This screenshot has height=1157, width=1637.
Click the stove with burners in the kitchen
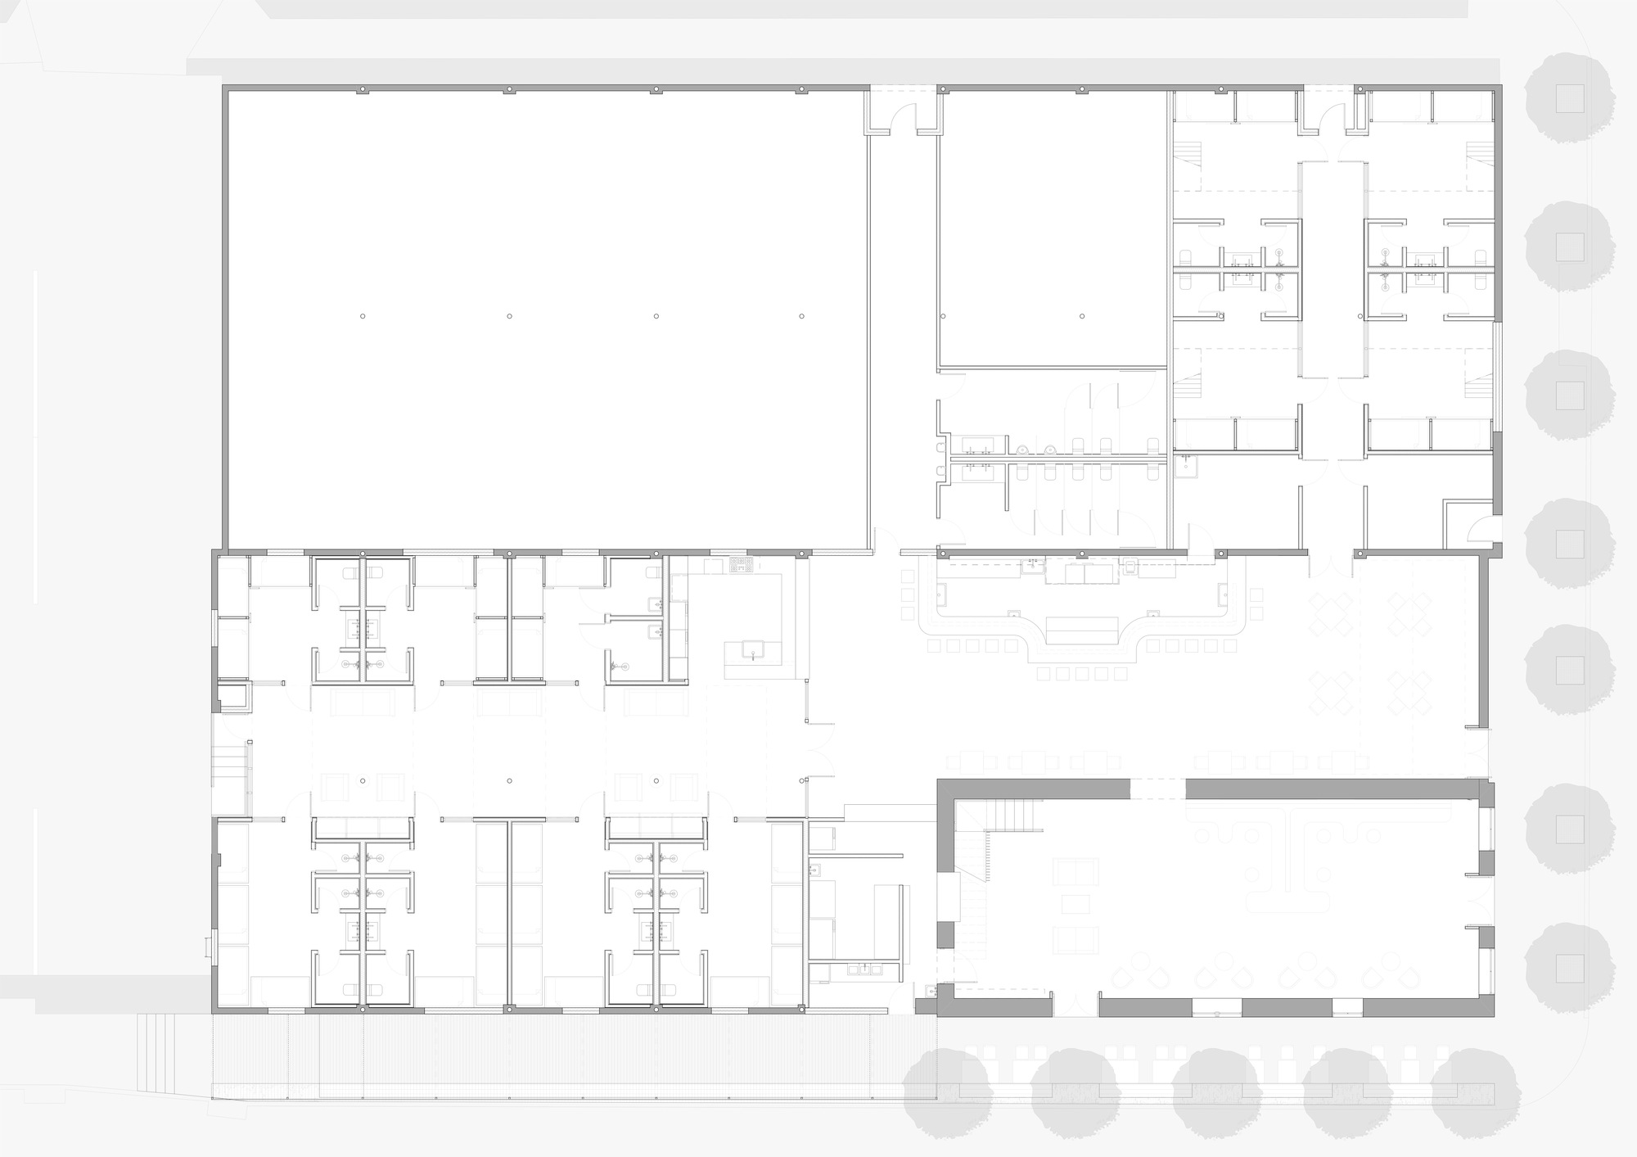pos(742,563)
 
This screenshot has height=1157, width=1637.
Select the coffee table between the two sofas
pos(1076,903)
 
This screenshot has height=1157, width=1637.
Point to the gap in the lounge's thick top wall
pos(1157,789)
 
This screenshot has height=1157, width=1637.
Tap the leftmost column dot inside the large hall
pos(363,316)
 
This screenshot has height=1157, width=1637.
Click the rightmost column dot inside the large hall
pos(802,316)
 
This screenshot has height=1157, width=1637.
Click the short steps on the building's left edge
pos(229,761)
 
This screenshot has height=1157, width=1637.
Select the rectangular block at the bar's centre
pos(1082,630)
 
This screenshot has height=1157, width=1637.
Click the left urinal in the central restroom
pos(1023,449)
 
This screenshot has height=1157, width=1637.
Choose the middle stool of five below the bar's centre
pos(1082,674)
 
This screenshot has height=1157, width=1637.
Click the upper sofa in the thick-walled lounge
pos(1076,871)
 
